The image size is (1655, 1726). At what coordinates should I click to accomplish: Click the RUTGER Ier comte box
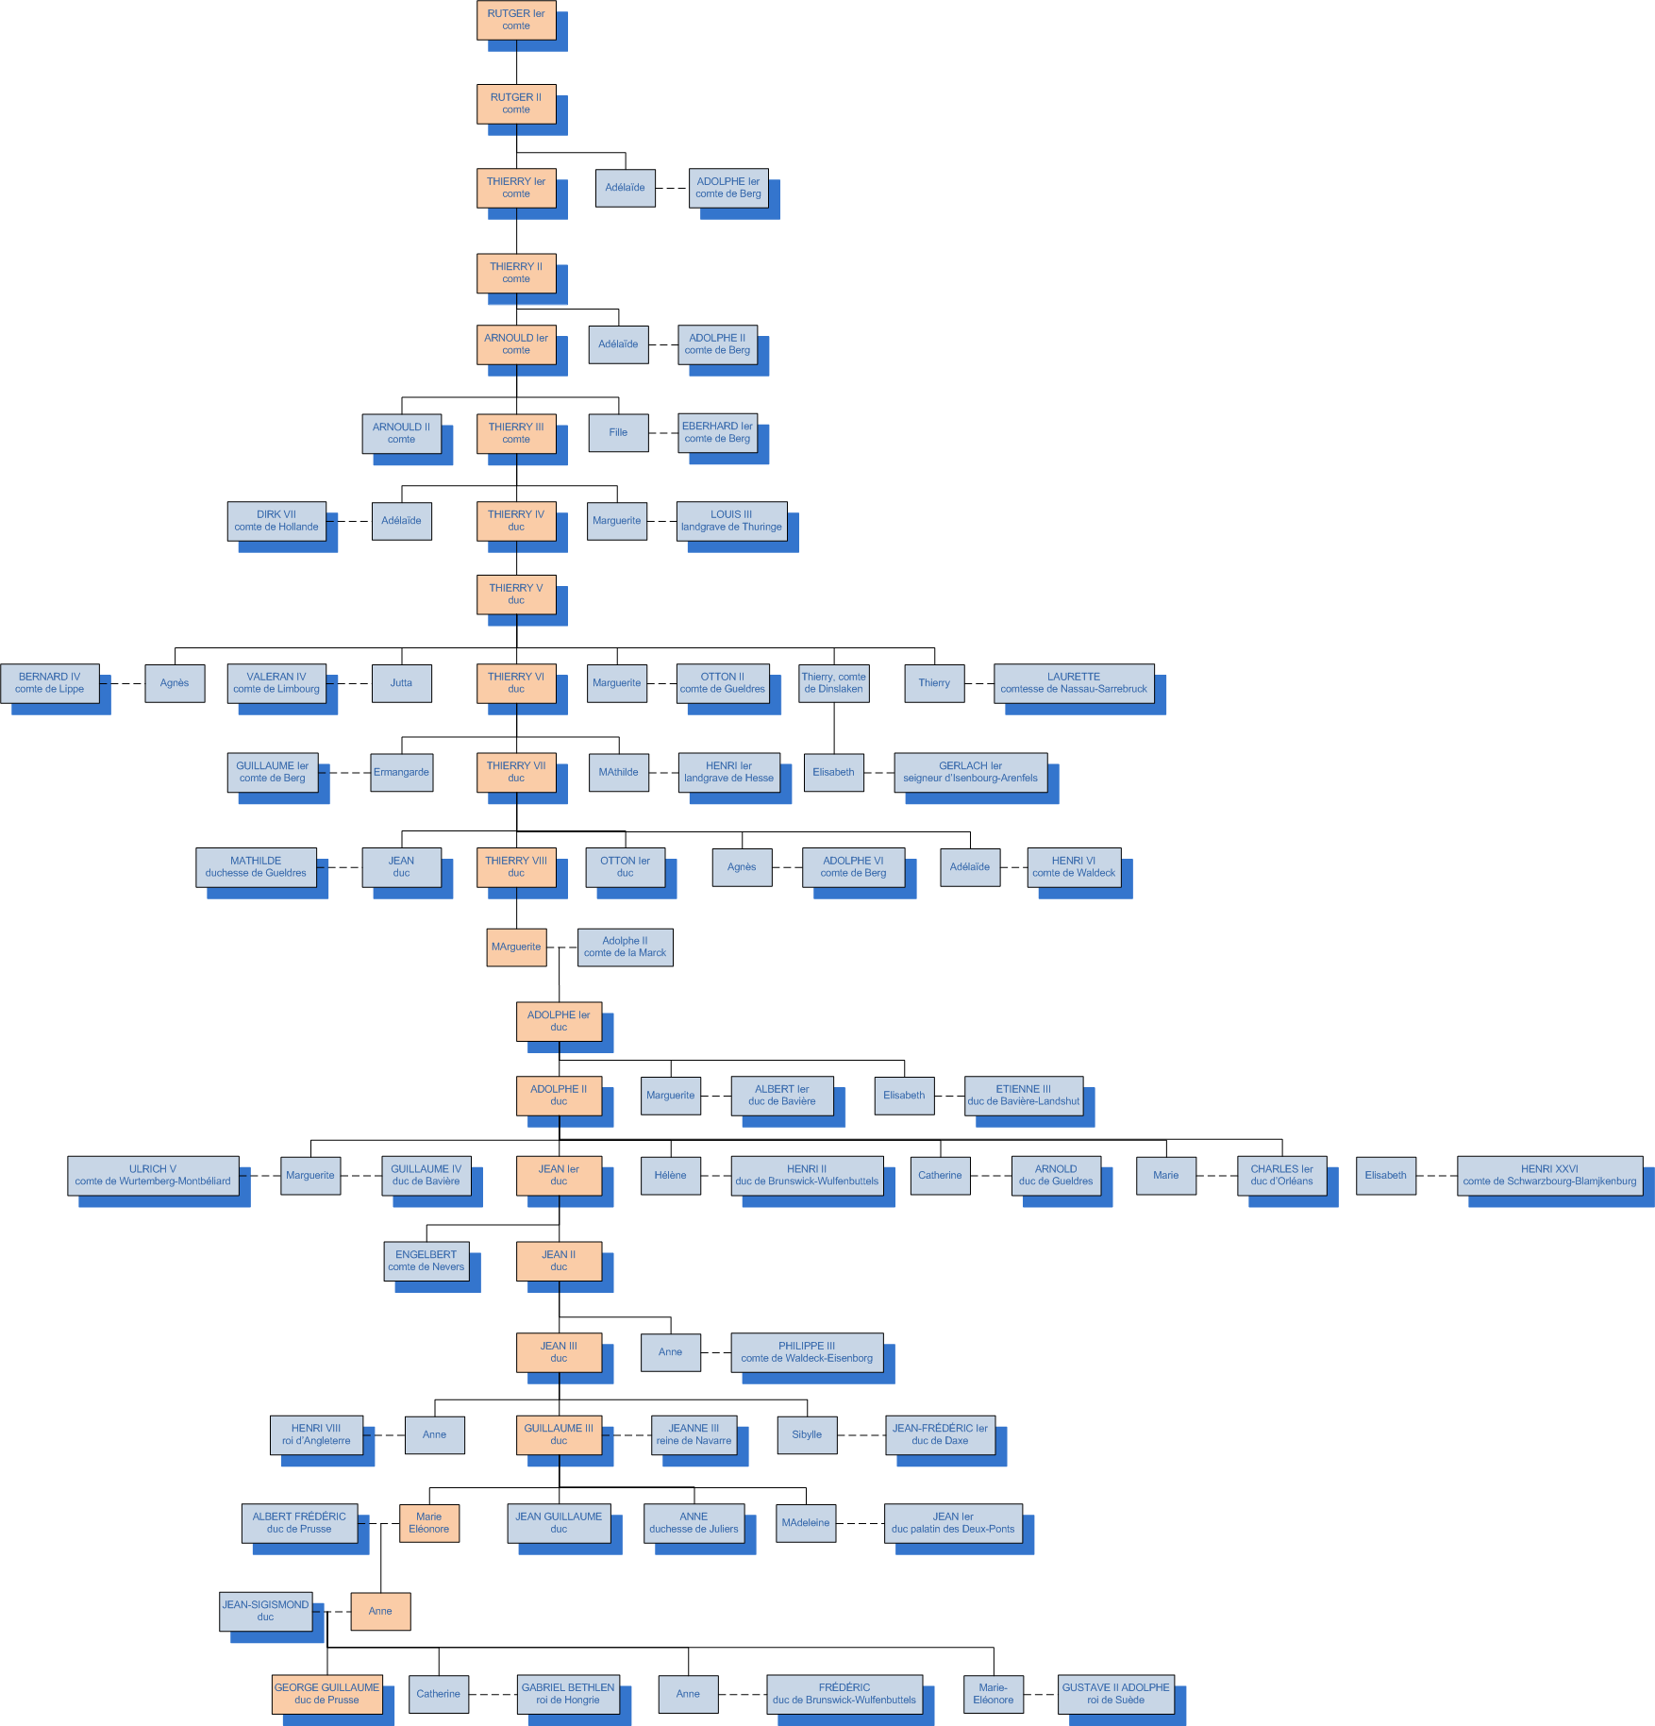(516, 20)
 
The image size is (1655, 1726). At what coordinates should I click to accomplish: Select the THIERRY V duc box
(516, 595)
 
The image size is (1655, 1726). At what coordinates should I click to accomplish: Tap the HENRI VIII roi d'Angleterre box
(316, 1434)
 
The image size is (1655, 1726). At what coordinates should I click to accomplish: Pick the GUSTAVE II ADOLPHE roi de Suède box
(1115, 1694)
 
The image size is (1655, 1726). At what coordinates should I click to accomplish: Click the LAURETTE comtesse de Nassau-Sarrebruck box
(1074, 683)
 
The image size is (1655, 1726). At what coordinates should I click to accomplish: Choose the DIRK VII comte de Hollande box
(276, 521)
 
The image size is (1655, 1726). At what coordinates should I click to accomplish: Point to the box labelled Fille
(618, 433)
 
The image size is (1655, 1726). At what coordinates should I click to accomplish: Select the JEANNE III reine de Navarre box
(694, 1434)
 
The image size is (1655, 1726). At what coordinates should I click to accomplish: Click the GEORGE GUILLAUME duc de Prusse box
(326, 1694)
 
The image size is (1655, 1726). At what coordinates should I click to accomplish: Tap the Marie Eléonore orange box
(429, 1523)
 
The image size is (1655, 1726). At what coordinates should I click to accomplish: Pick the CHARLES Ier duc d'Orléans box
(1281, 1175)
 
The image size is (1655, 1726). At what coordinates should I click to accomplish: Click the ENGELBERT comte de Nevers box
(426, 1261)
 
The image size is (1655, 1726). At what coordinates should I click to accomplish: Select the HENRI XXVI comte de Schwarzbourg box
(1549, 1175)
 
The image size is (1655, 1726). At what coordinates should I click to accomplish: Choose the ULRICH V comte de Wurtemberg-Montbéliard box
(153, 1175)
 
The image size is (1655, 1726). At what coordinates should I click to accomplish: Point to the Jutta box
(402, 683)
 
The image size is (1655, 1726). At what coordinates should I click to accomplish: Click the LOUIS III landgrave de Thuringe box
(731, 521)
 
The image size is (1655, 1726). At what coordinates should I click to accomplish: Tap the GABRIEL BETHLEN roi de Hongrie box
(568, 1694)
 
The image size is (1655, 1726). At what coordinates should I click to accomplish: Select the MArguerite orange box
(516, 947)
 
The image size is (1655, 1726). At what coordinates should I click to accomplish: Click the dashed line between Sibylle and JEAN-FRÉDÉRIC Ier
(861, 1435)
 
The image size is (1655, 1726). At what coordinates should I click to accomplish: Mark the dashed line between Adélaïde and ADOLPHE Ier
(672, 188)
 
